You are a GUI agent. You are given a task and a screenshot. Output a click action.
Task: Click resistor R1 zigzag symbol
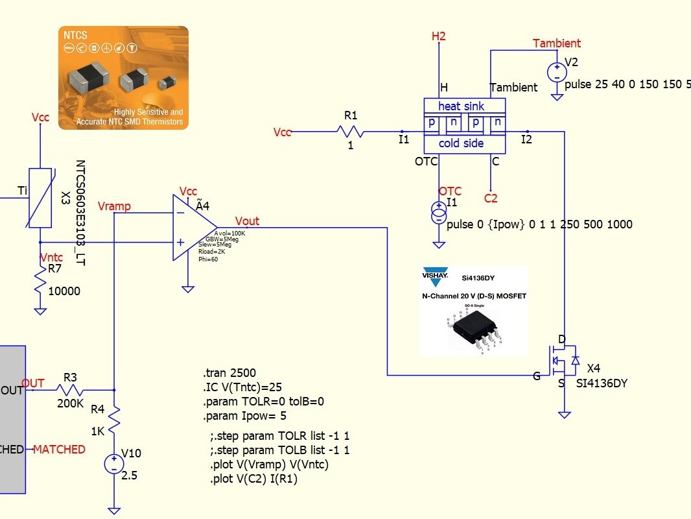350,132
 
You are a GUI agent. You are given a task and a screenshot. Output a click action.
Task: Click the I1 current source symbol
439,211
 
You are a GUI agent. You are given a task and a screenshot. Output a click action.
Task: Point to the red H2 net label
439,36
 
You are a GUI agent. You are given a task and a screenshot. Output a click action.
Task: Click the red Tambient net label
556,43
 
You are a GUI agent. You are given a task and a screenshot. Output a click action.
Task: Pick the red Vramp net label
114,206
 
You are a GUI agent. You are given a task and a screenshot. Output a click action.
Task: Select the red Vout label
247,221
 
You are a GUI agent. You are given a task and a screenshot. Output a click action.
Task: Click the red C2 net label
491,199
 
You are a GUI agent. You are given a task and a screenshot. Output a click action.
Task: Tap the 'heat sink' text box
461,106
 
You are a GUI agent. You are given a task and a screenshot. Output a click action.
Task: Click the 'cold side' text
461,143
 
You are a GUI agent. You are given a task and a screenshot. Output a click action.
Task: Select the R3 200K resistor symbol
70,390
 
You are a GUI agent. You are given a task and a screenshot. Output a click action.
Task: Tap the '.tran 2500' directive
229,373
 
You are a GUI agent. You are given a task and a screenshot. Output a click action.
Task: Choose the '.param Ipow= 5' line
244,416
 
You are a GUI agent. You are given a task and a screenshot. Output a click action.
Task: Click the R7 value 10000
64,291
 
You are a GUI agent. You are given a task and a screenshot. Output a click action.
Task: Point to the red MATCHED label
59,450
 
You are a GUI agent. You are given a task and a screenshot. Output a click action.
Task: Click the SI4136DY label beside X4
602,383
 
